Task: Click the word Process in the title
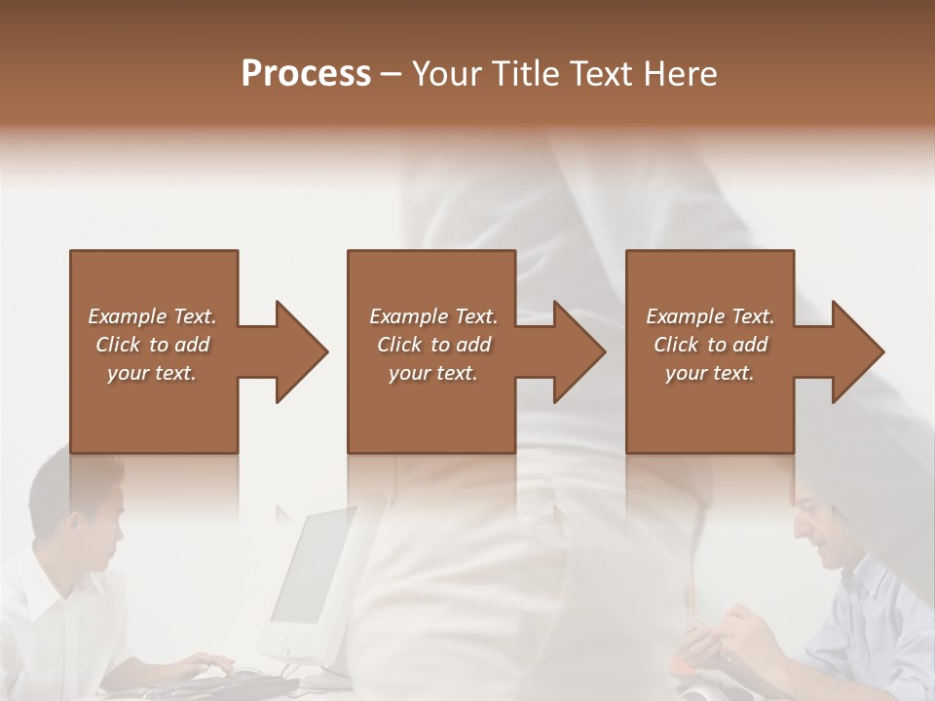click(306, 74)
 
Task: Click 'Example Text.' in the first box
click(152, 316)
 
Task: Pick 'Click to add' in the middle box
click(433, 345)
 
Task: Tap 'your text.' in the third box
click(709, 373)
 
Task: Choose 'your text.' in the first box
click(152, 373)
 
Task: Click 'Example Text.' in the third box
click(709, 316)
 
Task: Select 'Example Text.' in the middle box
click(433, 316)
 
